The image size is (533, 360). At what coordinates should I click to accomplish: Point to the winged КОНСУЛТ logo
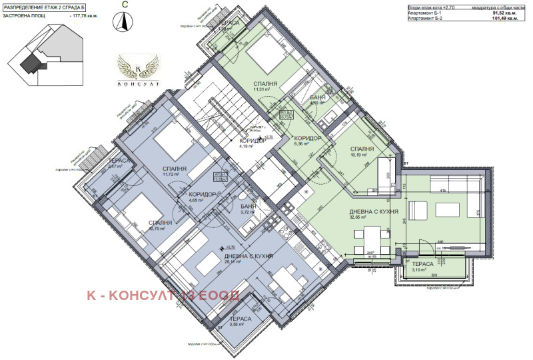(137, 70)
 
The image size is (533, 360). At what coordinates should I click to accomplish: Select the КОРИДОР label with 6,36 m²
(308, 138)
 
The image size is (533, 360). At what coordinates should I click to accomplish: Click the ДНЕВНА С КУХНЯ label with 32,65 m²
(374, 213)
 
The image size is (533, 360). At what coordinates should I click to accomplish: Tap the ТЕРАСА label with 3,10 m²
(421, 265)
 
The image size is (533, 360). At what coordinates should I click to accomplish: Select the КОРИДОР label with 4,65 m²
(198, 195)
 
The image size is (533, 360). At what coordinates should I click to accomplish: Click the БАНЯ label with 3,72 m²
(249, 207)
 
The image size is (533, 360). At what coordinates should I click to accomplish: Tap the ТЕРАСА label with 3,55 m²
(240, 319)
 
